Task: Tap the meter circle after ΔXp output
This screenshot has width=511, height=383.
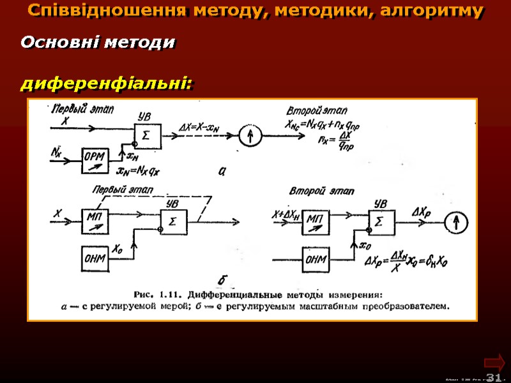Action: (456, 222)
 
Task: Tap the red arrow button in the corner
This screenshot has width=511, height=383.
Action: (494, 361)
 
